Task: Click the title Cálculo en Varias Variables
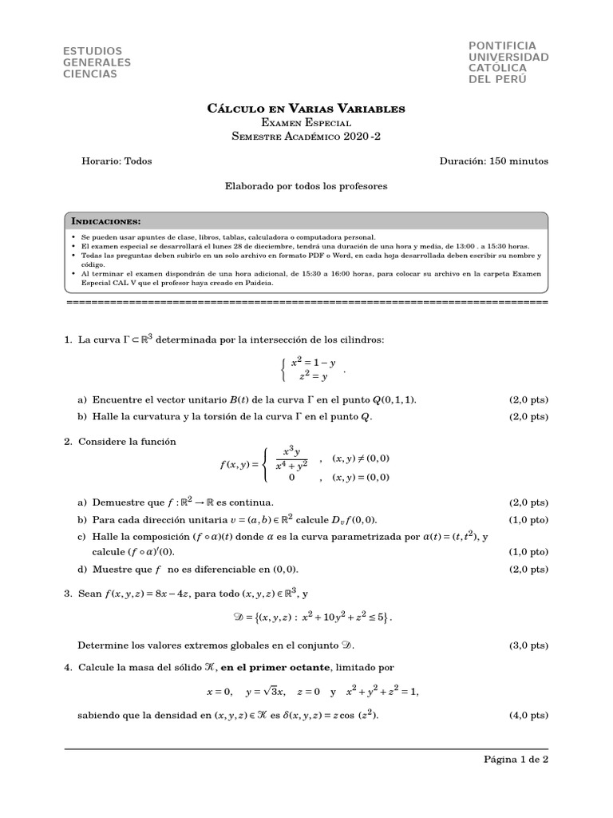pyautogui.click(x=306, y=108)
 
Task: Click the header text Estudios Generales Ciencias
pyautogui.click(x=97, y=62)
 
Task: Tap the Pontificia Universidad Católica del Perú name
pyautogui.click(x=508, y=62)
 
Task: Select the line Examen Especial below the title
pyautogui.click(x=306, y=122)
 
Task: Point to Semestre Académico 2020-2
pyautogui.click(x=306, y=137)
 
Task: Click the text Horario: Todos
pyautogui.click(x=117, y=161)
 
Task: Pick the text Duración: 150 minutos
pyautogui.click(x=494, y=161)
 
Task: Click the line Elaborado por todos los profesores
pyautogui.click(x=306, y=185)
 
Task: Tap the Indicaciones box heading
pyautogui.click(x=107, y=220)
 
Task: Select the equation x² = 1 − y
pyautogui.click(x=313, y=362)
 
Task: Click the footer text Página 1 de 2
pyautogui.click(x=516, y=760)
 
